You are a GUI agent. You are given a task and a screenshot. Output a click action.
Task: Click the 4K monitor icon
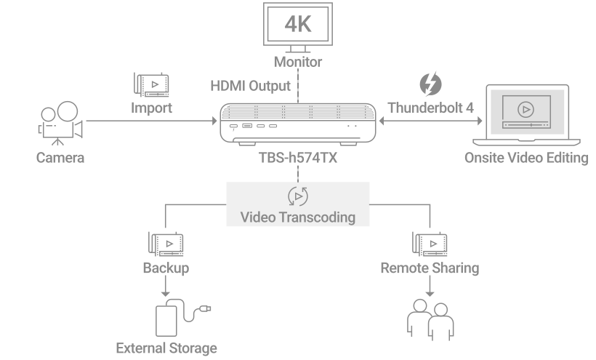[298, 25]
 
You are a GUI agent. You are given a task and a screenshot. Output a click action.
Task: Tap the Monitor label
[298, 62]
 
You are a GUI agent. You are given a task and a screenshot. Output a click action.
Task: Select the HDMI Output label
[250, 86]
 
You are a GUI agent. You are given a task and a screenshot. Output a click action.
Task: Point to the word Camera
[60, 157]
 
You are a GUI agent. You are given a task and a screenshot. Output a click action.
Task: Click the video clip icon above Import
[150, 85]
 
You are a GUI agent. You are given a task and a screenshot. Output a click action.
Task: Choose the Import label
[151, 108]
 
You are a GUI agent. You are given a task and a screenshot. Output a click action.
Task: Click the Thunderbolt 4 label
[430, 108]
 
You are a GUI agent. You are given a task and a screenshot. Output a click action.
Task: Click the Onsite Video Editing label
[526, 157]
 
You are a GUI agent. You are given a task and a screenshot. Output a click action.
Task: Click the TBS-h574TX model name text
[298, 158]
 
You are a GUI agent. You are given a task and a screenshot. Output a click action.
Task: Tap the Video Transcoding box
[298, 204]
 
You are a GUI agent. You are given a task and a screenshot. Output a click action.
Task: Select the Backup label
[166, 268]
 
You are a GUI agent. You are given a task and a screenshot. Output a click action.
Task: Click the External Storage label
[166, 348]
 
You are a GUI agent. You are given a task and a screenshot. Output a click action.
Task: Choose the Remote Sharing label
[430, 268]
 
